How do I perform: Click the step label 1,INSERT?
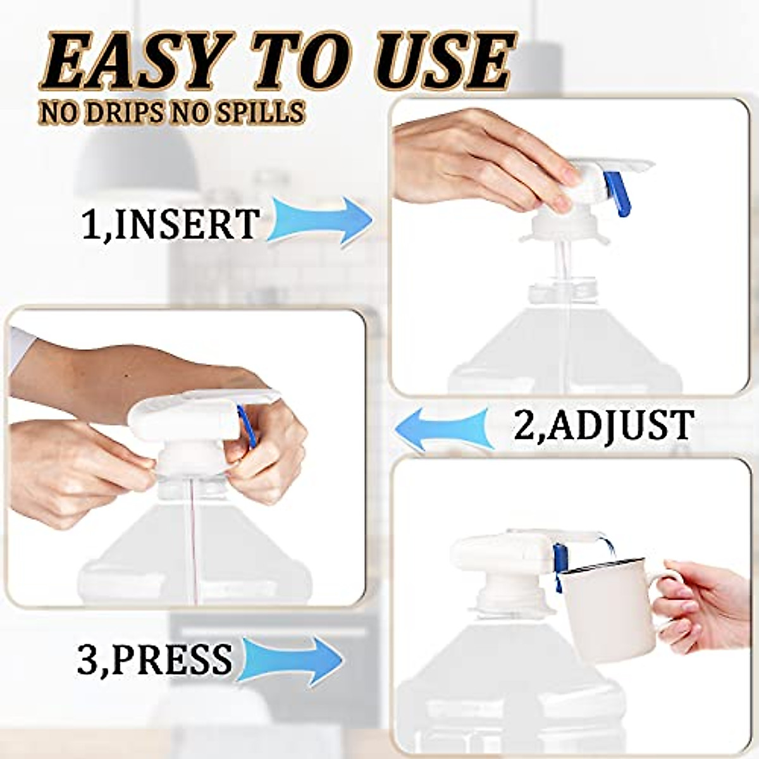[171, 223]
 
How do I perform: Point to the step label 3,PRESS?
[154, 660]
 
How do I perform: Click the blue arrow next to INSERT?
[319, 218]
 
